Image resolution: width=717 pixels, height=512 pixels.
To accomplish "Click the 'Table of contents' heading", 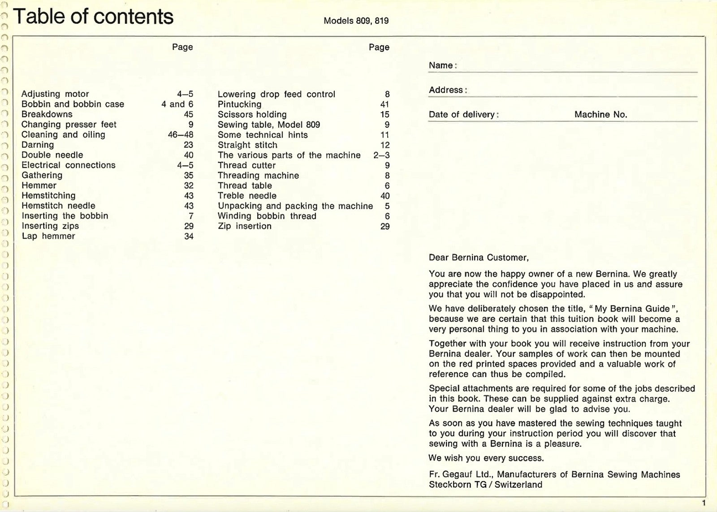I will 93,17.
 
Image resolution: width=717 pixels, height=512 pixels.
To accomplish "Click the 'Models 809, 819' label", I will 356,21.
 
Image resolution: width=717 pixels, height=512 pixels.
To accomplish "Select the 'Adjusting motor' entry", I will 55,94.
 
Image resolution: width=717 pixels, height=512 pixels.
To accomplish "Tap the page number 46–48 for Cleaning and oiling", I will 181,135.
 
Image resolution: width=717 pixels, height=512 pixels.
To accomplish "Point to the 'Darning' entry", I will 38,145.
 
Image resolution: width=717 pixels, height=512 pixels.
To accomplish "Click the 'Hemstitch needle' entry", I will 58,206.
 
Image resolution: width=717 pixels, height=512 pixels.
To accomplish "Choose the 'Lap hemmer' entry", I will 48,236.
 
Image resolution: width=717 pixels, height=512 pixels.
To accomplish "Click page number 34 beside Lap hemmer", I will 189,236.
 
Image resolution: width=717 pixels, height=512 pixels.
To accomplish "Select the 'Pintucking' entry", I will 239,104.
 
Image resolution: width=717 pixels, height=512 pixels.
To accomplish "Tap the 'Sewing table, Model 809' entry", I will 269,125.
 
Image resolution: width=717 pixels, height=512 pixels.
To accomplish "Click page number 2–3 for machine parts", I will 381,155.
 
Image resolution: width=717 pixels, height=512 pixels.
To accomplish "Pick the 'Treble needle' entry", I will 247,196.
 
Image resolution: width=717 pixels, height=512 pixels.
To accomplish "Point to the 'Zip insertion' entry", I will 245,226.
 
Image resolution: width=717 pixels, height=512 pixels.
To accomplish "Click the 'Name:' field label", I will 443,65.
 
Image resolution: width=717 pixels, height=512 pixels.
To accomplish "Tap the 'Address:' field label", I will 448,90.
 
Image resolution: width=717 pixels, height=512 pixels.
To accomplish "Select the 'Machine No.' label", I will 600,115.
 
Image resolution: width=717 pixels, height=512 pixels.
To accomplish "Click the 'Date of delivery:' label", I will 463,115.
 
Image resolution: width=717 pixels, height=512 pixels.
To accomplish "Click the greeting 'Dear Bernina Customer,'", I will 479,258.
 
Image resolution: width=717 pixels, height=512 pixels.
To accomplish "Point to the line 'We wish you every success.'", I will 486,458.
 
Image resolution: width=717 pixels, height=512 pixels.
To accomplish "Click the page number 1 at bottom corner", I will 704,503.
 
